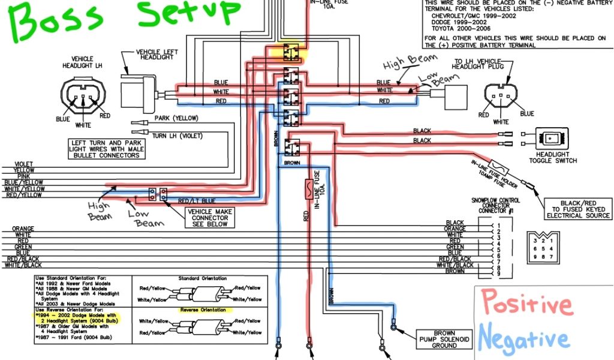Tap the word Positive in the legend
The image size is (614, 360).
point(528,304)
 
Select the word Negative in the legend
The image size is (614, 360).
point(523,339)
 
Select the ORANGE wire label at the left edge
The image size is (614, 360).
point(23,229)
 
